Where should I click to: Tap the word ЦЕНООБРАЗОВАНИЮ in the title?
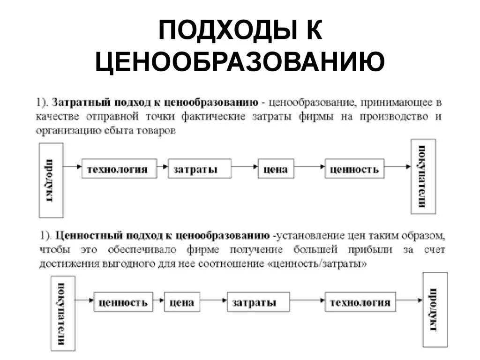(240, 62)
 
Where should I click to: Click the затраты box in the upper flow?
(200, 169)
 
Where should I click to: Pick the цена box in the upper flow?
(276, 169)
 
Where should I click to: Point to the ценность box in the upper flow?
(354, 169)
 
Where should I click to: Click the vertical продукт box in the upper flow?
(51, 180)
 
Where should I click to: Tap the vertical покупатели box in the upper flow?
(423, 176)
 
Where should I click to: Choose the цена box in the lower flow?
(182, 302)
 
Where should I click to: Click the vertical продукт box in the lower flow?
(435, 310)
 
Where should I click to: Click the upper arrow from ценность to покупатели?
(397, 166)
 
